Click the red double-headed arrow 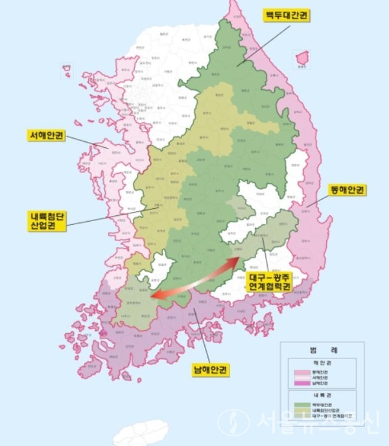pos(194,279)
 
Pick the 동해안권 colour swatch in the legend pos(303,372)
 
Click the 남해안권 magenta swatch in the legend pos(303,384)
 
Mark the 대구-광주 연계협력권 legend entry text pos(331,416)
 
